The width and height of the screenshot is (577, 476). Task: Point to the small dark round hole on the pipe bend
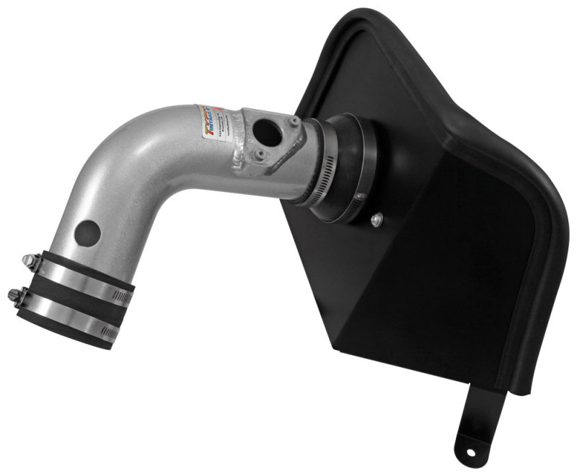point(88,232)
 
